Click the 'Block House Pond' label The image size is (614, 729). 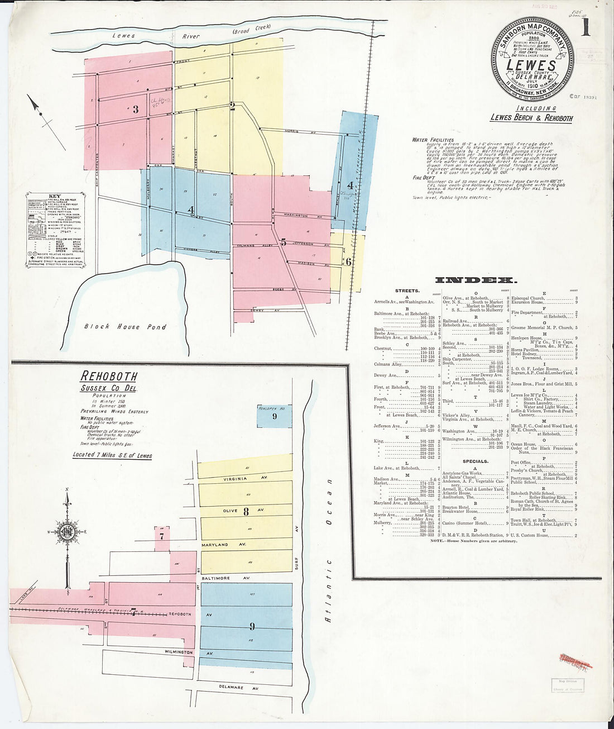pos(125,327)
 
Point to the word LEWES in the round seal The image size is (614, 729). pos(531,65)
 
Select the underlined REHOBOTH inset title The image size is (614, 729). pos(109,376)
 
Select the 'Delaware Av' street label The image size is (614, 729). pos(231,688)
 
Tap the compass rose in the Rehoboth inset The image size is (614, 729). pos(67,531)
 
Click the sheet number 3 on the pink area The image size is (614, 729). pos(136,109)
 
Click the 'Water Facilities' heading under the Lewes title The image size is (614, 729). pos(433,140)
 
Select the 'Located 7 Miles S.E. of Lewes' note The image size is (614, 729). pos(112,455)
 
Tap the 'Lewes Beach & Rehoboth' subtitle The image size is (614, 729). pos(531,118)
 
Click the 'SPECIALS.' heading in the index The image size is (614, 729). pos(475,461)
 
